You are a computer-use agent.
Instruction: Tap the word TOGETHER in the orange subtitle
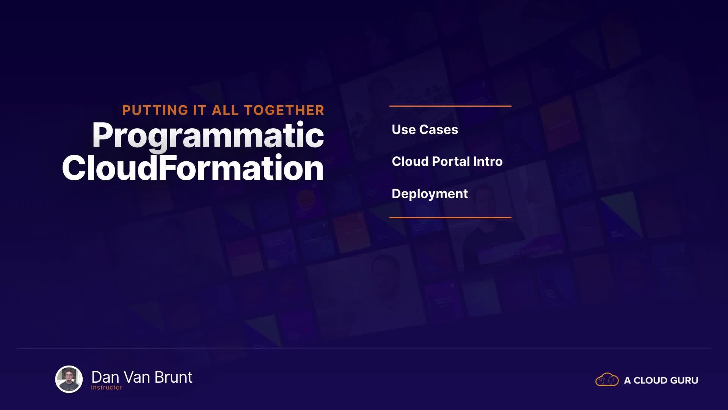coord(284,110)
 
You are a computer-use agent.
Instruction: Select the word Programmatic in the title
coord(208,136)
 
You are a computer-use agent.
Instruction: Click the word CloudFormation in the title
coord(193,167)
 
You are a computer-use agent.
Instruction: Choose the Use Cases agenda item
coord(425,129)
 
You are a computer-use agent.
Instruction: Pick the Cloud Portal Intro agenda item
coord(447,161)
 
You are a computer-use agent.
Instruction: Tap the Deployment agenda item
coord(430,194)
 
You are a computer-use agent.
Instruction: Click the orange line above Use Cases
coord(450,106)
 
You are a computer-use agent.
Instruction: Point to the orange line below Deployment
coord(450,218)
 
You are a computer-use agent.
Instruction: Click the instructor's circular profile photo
coord(69,379)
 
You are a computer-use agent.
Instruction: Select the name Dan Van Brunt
coord(142,377)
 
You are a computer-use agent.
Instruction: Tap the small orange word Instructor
coord(107,387)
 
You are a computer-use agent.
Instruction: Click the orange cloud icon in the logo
coord(607,379)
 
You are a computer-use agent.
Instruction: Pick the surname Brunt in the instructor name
coord(174,377)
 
